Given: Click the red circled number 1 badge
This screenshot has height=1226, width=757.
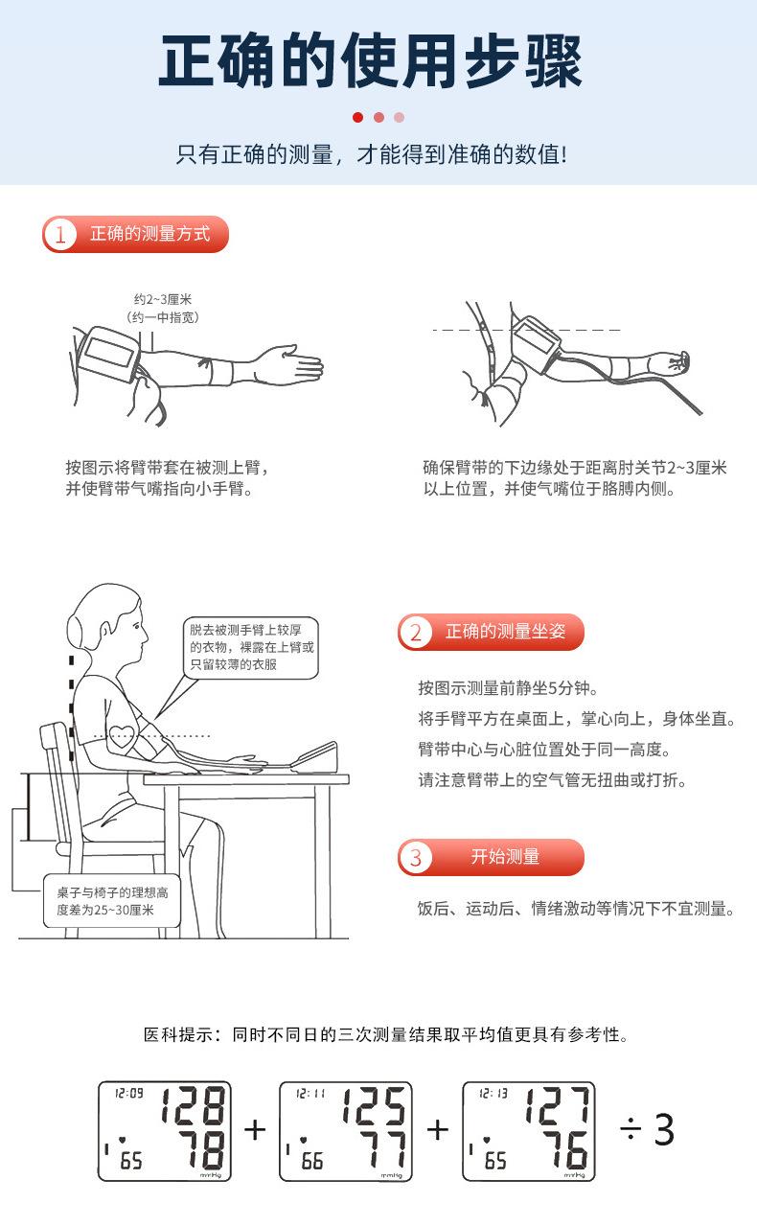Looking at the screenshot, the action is (59, 234).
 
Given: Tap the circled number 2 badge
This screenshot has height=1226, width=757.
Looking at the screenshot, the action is (416, 632).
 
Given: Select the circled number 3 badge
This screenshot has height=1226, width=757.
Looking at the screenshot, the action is (416, 857).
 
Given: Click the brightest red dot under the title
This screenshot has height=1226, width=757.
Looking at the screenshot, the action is (357, 117).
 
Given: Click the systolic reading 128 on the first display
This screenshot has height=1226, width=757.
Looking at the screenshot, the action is (194, 1105).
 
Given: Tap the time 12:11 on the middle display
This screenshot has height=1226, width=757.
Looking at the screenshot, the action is (310, 1094).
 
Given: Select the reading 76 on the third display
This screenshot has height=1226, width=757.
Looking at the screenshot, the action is (565, 1149).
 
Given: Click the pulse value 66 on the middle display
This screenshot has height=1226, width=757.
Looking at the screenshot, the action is (311, 1161).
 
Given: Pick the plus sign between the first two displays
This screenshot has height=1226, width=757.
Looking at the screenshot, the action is (255, 1130).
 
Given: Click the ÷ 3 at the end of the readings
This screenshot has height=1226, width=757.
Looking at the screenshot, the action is (647, 1129).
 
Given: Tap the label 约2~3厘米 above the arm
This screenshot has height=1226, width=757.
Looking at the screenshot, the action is (163, 299).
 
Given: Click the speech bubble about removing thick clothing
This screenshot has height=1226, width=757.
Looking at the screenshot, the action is (250, 648).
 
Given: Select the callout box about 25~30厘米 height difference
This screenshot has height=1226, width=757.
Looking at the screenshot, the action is (111, 901).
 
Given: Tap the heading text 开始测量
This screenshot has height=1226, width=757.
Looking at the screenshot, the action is (505, 857).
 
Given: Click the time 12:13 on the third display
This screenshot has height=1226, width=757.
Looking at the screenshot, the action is (493, 1094).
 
